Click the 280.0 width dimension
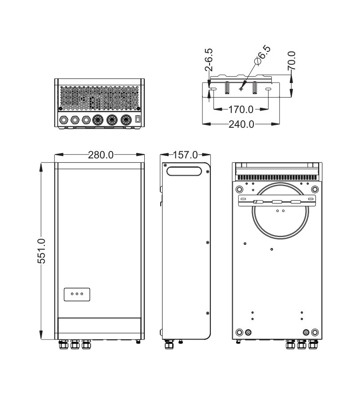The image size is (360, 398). click(x=101, y=155)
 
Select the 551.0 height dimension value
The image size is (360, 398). click(x=41, y=251)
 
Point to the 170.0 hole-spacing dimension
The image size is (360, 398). click(x=241, y=109)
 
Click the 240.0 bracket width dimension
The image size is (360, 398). click(x=241, y=124)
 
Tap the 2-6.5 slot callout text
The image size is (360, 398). click(x=209, y=59)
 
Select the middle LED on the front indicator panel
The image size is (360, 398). click(x=77, y=294)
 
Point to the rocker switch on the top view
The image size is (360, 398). click(x=138, y=119)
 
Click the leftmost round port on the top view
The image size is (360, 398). click(x=64, y=119)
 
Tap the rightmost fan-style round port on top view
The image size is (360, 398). click(x=126, y=119)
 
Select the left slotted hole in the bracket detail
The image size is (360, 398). click(x=213, y=90)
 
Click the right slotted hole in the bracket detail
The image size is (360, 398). click(x=269, y=90)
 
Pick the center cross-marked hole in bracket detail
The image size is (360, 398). click(x=241, y=89)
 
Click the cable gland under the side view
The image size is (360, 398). click(x=168, y=344)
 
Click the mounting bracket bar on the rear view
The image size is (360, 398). click(x=277, y=201)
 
